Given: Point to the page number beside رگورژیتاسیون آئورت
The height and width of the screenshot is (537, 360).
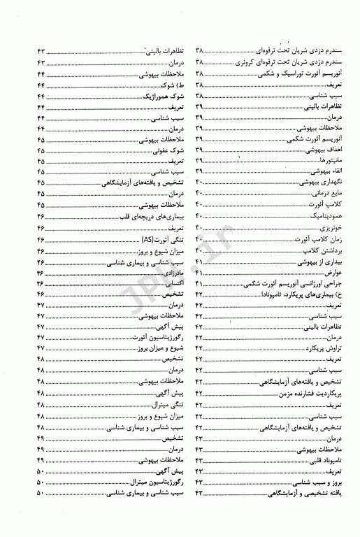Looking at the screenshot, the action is (40, 336).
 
